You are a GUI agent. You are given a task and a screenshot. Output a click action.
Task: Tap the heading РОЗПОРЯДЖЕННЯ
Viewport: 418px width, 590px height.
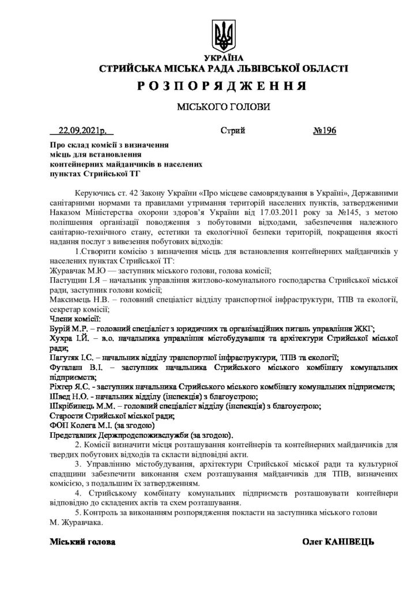point(221,86)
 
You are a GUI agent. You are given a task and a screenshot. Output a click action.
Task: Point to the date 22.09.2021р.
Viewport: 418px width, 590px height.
point(79,131)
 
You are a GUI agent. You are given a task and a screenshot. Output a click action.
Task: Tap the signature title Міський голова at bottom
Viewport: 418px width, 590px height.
point(82,542)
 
